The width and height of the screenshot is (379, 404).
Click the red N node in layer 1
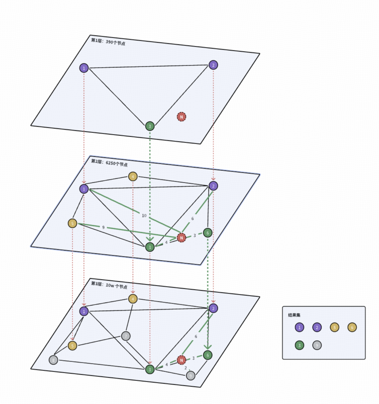[x=181, y=117]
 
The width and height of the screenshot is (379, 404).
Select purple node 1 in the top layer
[x=84, y=68]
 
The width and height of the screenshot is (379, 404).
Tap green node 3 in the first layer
[x=150, y=126]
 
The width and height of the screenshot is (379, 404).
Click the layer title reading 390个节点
[x=108, y=42]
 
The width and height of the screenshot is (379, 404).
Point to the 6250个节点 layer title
[x=109, y=163]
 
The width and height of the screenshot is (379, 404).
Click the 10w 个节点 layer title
[x=109, y=285]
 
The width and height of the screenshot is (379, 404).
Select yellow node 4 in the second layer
[x=133, y=176]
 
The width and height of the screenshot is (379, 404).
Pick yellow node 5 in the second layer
[x=72, y=223]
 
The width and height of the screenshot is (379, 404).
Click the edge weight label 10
[x=144, y=215]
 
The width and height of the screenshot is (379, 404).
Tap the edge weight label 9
[x=103, y=227]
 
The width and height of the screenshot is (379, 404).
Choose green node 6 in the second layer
[x=207, y=233]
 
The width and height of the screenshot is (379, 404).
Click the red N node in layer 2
[x=181, y=238]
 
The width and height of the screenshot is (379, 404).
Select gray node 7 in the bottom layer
[x=126, y=336]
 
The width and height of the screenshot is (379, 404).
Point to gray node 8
[x=53, y=360]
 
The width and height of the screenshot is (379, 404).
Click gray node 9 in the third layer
[x=191, y=376]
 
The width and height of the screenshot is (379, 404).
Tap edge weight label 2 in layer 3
[x=186, y=368]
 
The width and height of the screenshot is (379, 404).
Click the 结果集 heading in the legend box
[x=294, y=315]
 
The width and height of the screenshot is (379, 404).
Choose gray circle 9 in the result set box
[x=317, y=345]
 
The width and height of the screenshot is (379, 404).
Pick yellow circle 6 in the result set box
[x=352, y=327]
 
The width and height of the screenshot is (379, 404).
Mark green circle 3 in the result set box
[x=299, y=345]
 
